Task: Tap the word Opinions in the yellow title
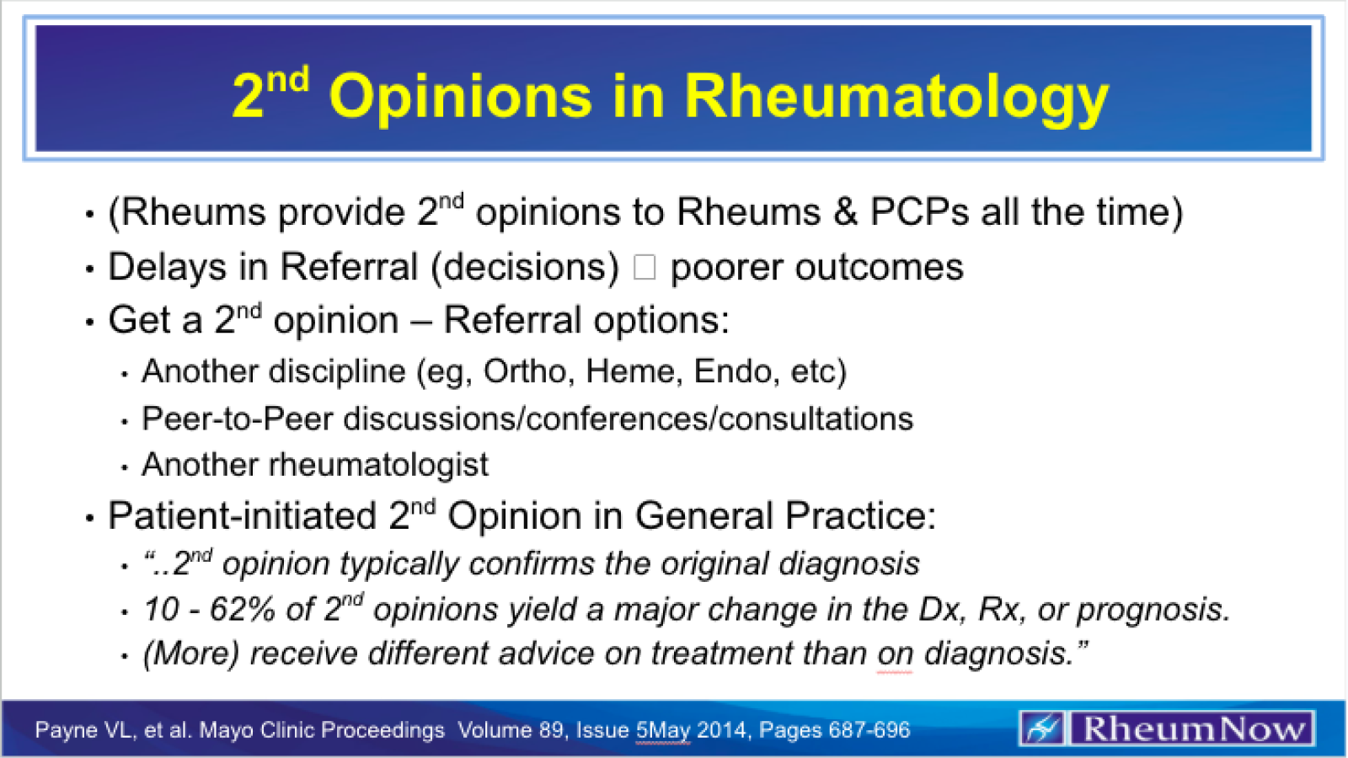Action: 461,96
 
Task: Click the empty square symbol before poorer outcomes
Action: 645,268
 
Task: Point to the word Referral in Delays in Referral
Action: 349,268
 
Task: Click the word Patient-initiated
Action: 242,516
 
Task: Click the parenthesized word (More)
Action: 191,654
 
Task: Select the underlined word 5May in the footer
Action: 663,730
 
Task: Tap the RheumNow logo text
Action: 1192,729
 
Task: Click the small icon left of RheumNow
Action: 1043,729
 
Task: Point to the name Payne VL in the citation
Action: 83,730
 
